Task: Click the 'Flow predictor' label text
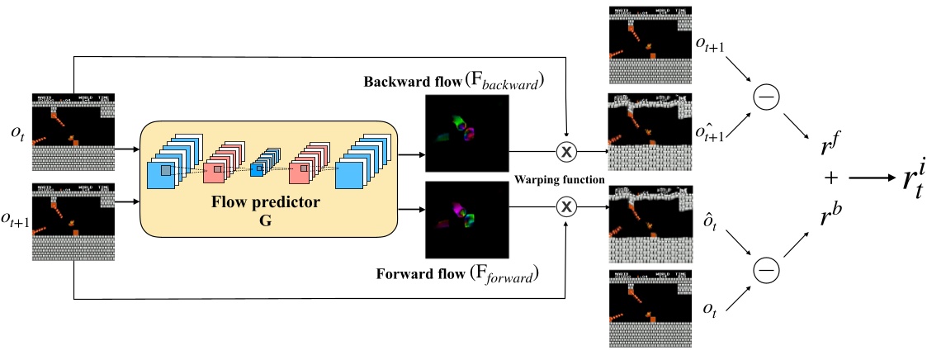(267, 201)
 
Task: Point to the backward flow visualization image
(466, 131)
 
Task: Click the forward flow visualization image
(466, 218)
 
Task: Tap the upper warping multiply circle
(566, 152)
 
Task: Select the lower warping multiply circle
(566, 206)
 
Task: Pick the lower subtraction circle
(764, 268)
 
